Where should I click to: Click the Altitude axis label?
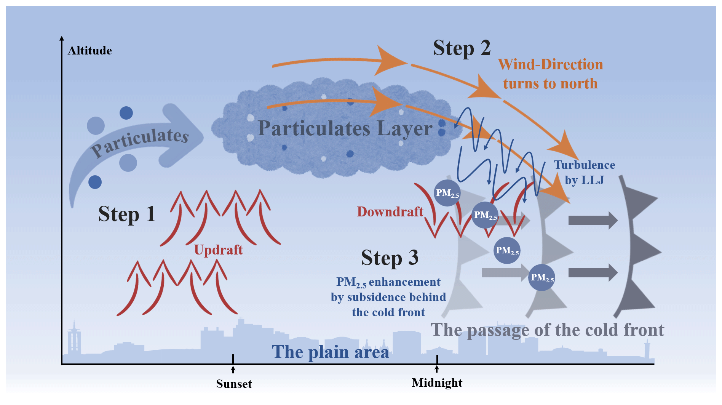tap(89, 51)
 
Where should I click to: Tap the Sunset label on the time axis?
tap(234, 384)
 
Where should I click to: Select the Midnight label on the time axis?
tap(437, 383)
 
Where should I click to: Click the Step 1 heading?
tap(127, 214)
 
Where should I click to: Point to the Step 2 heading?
tap(462, 48)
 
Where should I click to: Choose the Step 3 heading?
tap(390, 258)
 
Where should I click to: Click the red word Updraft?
tap(218, 250)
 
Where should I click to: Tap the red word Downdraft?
tap(390, 211)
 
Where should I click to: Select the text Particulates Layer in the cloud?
tap(345, 128)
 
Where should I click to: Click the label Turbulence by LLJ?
tap(584, 172)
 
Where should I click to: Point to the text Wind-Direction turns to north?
tap(550, 74)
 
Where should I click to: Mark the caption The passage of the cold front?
tap(547, 330)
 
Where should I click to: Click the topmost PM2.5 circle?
tap(447, 193)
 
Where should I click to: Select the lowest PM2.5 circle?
tap(542, 277)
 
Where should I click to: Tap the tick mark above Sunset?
tap(233, 359)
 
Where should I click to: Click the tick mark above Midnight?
tap(437, 359)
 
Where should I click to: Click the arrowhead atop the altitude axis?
tap(62, 38)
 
